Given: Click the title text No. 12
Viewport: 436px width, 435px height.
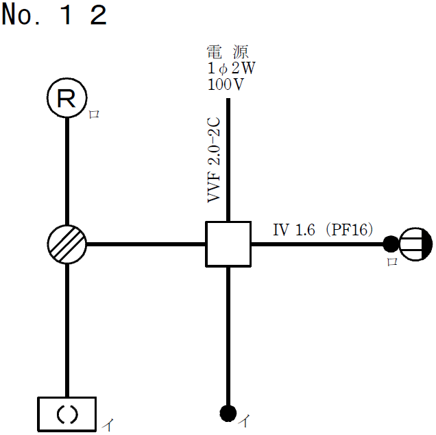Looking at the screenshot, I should (x=54, y=15).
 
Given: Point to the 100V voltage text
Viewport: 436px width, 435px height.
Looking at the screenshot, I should (x=226, y=85).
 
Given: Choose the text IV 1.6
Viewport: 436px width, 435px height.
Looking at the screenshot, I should (x=294, y=231).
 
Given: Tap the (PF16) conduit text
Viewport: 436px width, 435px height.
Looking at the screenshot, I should (x=349, y=231).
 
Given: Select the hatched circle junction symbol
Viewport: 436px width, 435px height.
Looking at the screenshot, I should (x=67, y=244).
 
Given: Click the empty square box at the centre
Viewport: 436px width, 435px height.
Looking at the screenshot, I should (x=228, y=244).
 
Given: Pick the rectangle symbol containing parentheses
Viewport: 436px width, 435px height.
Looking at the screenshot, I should (x=66, y=414).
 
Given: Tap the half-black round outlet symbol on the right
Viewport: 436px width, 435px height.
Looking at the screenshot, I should (x=416, y=244).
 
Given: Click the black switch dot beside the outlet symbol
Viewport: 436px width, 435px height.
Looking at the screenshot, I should (x=390, y=244).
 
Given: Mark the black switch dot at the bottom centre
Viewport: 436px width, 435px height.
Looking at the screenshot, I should (x=228, y=412).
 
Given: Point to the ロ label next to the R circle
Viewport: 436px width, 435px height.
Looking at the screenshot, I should (x=94, y=115).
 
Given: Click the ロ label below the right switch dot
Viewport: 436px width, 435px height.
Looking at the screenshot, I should (x=391, y=261).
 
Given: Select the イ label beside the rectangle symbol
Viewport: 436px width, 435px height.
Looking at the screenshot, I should (x=107, y=425).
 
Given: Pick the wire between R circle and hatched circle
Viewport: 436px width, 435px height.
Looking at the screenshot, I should (x=67, y=172).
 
